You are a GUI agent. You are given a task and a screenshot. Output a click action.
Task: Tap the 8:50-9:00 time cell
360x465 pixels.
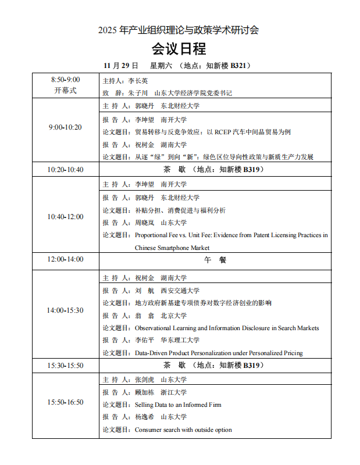point(65,80)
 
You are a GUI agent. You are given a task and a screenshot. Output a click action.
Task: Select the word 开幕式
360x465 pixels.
point(65,91)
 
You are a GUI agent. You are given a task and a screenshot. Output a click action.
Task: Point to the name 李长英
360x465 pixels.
point(138,81)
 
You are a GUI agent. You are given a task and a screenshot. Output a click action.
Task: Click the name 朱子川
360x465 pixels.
point(138,92)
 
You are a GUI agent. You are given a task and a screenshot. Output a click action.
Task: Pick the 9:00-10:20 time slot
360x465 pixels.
point(65,127)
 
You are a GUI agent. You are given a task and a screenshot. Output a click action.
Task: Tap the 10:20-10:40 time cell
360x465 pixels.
point(65,170)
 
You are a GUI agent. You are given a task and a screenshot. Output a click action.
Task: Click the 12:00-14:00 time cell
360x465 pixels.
point(65,259)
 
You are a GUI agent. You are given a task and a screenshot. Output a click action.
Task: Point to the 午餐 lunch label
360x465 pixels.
point(215,260)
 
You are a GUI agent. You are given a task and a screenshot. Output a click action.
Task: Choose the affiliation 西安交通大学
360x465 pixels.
point(180,291)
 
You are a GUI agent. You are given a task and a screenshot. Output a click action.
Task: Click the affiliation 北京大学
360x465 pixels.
point(173,316)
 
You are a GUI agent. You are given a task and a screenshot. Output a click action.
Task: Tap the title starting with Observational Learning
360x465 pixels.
point(227,328)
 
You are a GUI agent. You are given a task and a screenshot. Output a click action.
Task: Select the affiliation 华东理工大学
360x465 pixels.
point(180,341)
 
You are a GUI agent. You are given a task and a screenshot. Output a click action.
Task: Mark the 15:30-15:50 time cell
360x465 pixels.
point(65,366)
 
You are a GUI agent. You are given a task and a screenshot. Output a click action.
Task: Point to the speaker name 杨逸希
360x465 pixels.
point(144,417)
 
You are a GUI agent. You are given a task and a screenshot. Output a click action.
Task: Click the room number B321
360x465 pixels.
point(240,66)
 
